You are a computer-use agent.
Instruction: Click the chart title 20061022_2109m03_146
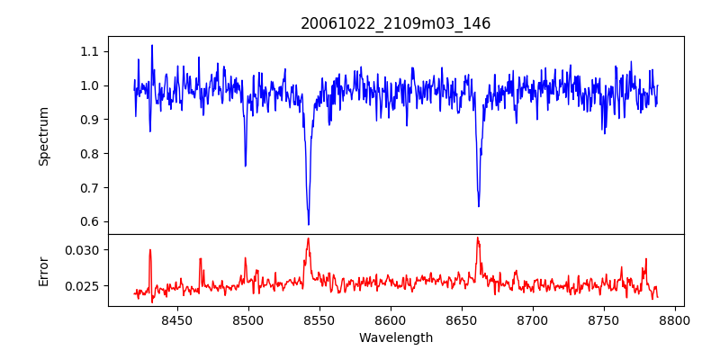point(396,23)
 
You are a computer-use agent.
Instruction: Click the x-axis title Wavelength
point(396,338)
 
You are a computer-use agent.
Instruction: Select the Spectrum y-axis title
point(44,136)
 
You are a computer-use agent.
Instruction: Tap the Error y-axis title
point(44,270)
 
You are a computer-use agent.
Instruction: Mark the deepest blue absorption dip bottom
point(309,224)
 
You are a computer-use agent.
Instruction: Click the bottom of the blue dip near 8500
point(246,166)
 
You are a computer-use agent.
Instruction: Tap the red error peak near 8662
point(478,238)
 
